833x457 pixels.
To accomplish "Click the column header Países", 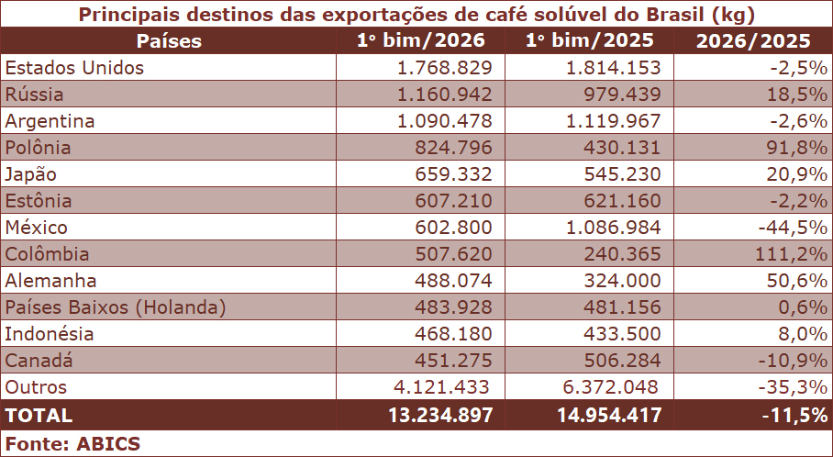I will (169, 41).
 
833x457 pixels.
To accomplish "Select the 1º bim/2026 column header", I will (421, 41).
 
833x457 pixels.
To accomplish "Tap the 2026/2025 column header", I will (753, 41).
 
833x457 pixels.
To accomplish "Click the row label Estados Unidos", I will (74, 68).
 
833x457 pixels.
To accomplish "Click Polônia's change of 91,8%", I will (792, 148).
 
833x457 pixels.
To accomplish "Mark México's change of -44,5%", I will (787, 228).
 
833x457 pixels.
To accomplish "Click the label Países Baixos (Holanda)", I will (116, 307).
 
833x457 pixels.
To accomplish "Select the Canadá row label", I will (39, 361).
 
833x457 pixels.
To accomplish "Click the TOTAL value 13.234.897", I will (441, 415).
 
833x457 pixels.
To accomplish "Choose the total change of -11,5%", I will (794, 415).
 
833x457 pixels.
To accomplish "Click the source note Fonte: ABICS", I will (73, 444).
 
